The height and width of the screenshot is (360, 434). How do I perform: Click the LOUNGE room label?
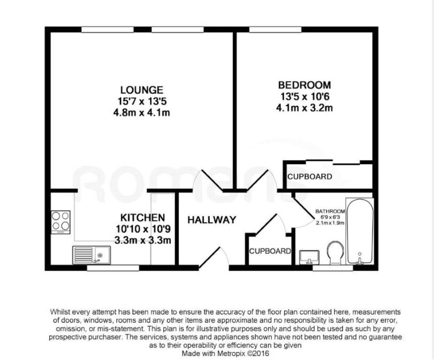coord(141,90)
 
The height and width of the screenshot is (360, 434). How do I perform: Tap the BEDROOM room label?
coord(304,85)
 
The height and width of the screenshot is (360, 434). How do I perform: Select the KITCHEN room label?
coord(142,218)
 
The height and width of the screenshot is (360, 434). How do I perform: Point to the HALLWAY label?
coord(211,220)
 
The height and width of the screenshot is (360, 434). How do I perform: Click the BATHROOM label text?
coord(330,211)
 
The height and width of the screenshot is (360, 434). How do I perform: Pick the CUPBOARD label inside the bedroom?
coord(310,177)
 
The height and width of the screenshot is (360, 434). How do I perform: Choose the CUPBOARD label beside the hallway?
coord(270,251)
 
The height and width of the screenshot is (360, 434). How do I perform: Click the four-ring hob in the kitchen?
coord(60,221)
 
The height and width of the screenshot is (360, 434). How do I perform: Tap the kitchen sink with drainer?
coord(89,255)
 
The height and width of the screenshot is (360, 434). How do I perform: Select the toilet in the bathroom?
coord(335,253)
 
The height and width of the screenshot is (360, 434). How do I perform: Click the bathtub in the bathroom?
coord(360,231)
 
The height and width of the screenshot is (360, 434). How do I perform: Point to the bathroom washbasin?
coord(309,257)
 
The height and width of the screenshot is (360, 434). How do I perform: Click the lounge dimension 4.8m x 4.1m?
coord(141,113)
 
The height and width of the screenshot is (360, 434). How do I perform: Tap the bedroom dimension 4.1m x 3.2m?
coord(304,108)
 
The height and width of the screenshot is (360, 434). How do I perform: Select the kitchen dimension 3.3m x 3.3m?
coord(143,240)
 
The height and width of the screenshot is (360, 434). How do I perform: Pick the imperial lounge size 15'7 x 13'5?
coord(141,101)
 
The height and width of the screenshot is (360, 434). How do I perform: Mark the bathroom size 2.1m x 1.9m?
coord(330,223)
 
